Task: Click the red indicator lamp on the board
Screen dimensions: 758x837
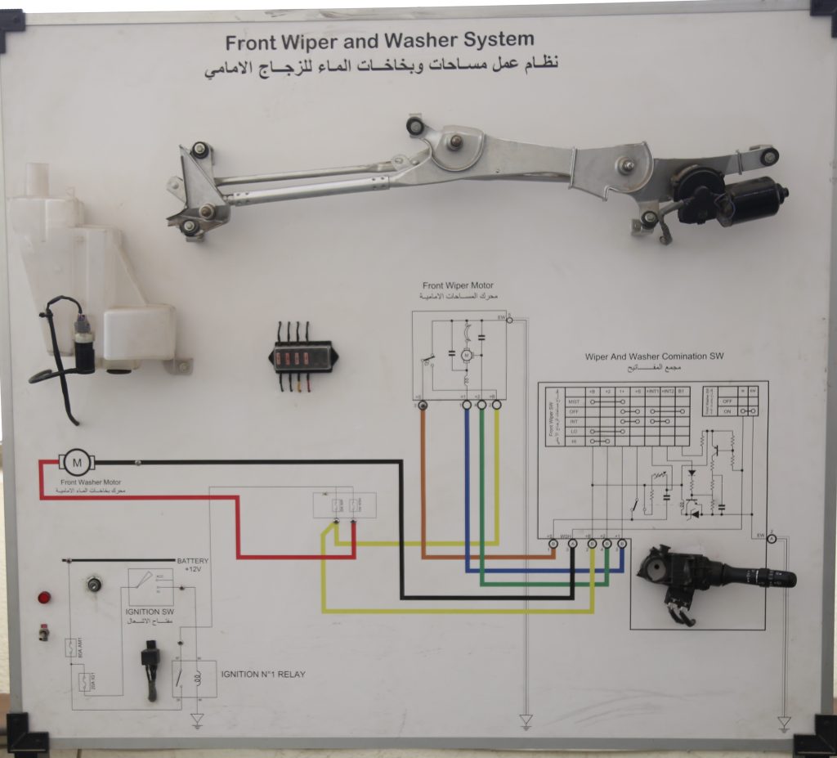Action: (44, 598)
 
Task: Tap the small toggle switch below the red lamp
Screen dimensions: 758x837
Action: (43, 632)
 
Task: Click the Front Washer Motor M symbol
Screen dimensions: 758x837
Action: (78, 463)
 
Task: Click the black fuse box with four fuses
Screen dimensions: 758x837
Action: (302, 357)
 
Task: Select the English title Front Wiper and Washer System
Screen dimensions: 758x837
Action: (379, 41)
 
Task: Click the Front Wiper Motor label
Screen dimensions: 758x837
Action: (458, 285)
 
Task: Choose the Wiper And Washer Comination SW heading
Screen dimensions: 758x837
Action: (654, 357)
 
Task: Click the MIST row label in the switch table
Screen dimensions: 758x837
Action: (573, 401)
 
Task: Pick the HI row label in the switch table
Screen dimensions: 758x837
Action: (573, 441)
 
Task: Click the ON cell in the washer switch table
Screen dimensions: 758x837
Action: (727, 412)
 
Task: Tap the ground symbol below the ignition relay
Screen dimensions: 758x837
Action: (197, 720)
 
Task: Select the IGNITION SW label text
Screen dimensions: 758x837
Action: (149, 612)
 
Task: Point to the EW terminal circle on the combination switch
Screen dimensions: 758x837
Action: (772, 537)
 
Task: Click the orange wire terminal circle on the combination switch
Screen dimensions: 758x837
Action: (553, 543)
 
